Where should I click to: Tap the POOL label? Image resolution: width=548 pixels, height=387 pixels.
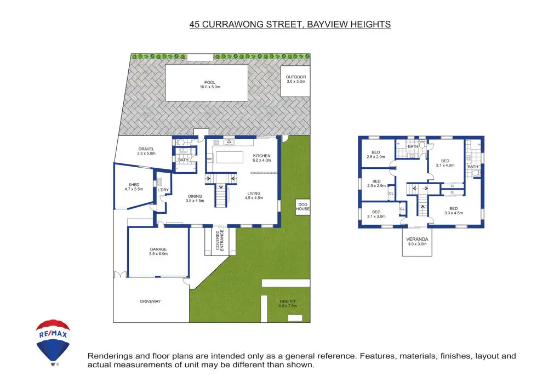point(210,83)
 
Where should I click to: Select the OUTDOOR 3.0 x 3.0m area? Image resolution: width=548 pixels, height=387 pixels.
point(296,81)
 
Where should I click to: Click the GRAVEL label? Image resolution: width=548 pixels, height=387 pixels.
point(146,149)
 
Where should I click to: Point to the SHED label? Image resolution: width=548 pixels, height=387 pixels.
point(134,185)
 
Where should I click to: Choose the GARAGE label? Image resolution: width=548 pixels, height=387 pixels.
point(158,249)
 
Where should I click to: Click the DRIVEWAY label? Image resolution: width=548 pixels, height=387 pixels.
point(150,301)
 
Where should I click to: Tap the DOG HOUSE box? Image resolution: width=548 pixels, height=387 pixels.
point(302,207)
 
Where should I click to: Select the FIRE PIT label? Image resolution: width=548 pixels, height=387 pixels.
point(288,301)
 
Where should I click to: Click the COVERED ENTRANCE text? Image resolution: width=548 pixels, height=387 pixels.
point(220,240)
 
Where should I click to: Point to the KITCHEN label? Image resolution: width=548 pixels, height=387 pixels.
point(262,156)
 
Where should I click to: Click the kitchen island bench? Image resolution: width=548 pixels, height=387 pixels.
point(230,157)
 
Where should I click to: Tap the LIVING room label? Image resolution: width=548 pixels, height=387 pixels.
point(254,193)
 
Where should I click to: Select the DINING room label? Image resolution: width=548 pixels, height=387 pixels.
point(195,196)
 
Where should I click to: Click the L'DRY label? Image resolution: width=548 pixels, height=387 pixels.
point(163,190)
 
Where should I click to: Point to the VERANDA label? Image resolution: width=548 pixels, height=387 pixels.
point(417,240)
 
